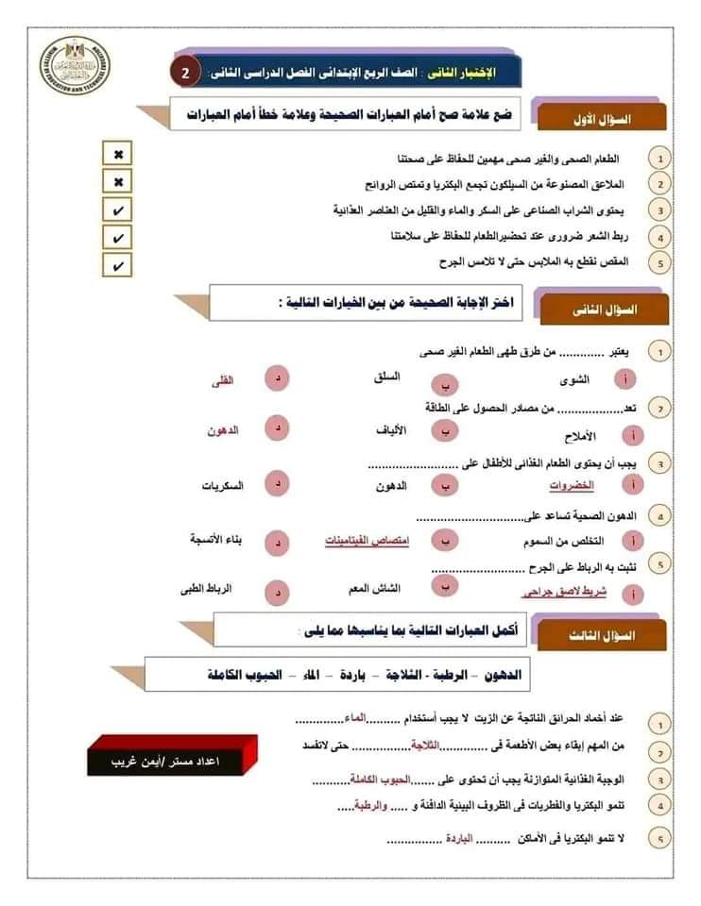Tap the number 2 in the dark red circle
(x=185, y=73)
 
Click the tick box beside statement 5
(x=118, y=266)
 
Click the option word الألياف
(x=391, y=430)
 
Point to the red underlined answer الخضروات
(x=572, y=485)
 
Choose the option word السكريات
(x=223, y=485)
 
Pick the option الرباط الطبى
(x=207, y=589)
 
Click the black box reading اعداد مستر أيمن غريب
(x=164, y=758)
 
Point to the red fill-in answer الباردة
(x=455, y=837)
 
